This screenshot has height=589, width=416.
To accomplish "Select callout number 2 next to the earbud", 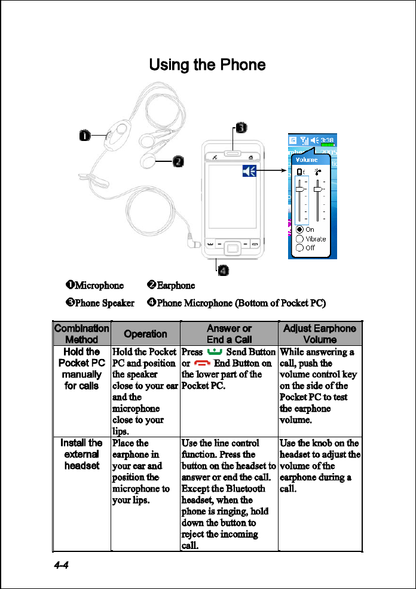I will (x=178, y=162).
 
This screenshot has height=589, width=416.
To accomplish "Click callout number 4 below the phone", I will (x=222, y=271).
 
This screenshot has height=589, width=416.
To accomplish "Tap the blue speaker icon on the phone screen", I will (x=249, y=172).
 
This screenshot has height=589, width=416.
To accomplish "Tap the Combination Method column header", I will (x=81, y=333).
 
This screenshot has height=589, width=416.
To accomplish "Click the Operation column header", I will (x=145, y=334).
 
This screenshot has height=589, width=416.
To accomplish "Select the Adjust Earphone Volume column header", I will (x=319, y=333).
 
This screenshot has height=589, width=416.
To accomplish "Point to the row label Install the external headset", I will (x=81, y=453).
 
